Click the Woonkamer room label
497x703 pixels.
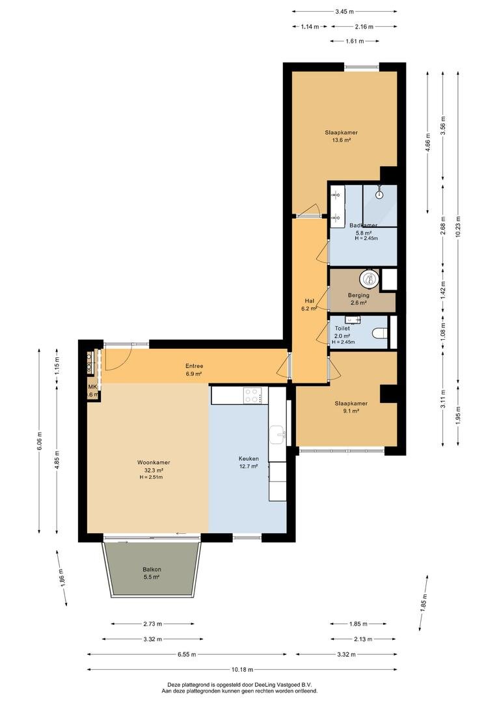tap(154, 462)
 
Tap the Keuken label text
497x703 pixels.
tap(248, 459)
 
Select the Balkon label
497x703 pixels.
tap(152, 570)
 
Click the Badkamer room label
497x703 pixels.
tap(363, 225)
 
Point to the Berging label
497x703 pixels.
tap(358, 296)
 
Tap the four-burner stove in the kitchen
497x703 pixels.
tap(252, 396)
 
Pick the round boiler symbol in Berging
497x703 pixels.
tap(369, 279)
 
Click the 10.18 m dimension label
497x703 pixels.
tap(242, 669)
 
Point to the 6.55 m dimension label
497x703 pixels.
tap(187, 654)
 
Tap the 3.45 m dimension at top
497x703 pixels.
tap(345, 12)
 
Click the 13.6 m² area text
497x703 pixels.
tap(341, 140)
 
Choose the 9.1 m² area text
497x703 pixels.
tap(351, 411)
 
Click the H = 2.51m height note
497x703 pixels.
tap(151, 477)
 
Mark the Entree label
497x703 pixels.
tap(194, 366)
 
